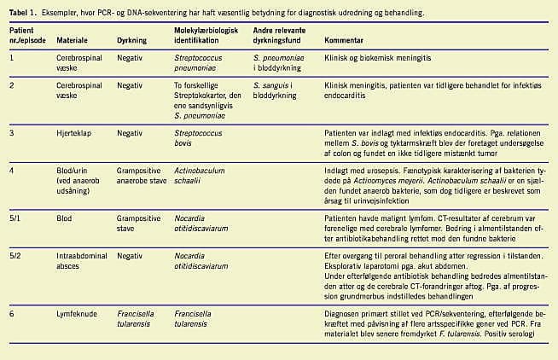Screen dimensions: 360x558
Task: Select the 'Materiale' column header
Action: (72, 40)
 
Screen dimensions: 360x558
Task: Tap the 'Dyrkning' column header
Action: (131, 40)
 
